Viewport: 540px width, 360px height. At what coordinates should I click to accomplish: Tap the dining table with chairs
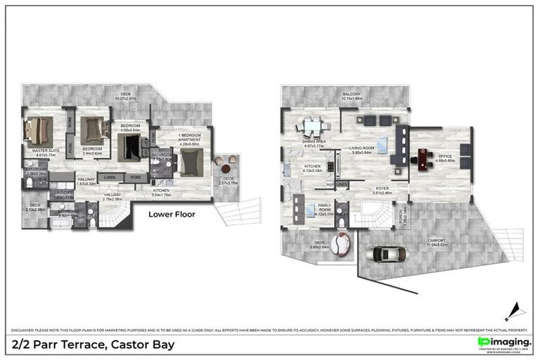312,127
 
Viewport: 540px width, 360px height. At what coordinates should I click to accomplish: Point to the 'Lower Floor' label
172,214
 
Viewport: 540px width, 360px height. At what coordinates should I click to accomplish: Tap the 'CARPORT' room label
438,241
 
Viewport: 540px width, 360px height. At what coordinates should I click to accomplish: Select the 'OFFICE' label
445,156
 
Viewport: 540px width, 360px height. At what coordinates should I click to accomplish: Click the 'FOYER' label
382,188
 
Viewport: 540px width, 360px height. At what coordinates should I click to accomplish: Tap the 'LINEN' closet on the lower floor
109,177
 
